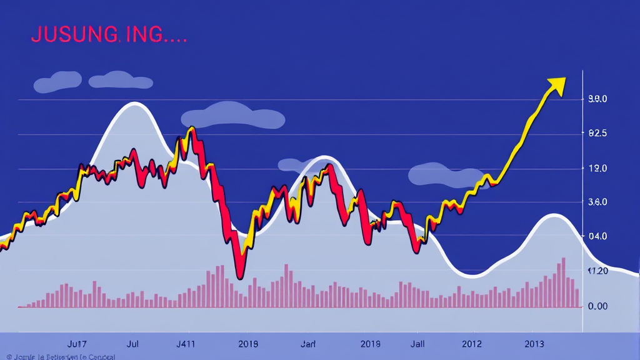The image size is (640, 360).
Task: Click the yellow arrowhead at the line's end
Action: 556,85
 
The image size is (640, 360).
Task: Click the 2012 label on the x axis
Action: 472,344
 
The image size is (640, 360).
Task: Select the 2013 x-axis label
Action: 534,344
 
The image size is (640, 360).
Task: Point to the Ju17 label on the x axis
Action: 76,344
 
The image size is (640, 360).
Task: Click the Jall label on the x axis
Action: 418,344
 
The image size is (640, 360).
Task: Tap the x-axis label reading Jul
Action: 132,344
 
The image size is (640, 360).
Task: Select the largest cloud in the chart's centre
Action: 232,116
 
